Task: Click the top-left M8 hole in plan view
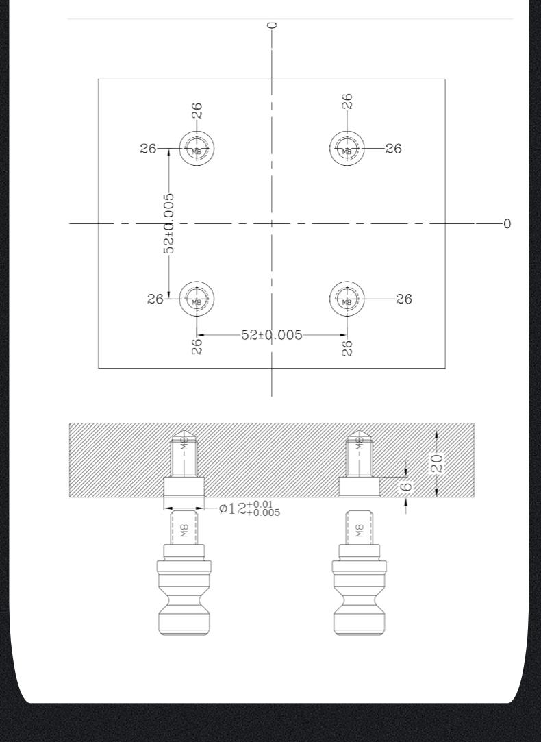coord(197,149)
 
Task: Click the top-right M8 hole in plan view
coord(347,149)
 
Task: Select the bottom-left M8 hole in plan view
coord(197,299)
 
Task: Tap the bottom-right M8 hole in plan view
coord(347,299)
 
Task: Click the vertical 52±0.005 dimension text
coord(168,223)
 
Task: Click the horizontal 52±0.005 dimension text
coord(271,335)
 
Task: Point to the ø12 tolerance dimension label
coord(249,508)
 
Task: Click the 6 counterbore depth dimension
coord(406,487)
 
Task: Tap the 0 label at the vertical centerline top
coord(273,25)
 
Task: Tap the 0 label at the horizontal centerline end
coord(507,224)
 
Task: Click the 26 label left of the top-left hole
coord(148,149)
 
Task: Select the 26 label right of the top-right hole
coord(393,149)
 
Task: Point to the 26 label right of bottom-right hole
coord(404,299)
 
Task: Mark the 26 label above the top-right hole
coord(347,101)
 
